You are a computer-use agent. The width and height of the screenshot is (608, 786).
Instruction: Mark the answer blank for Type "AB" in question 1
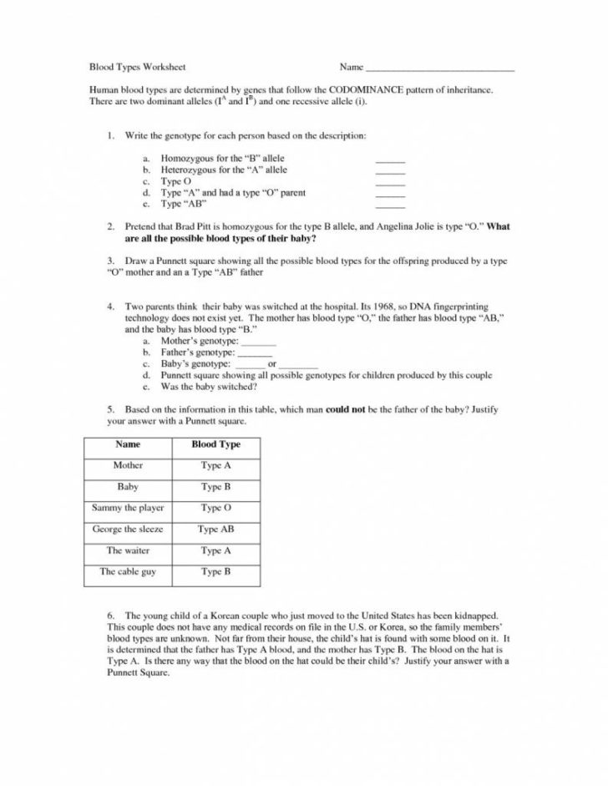[x=390, y=205]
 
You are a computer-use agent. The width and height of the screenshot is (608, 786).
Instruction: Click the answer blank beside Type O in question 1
[x=390, y=182]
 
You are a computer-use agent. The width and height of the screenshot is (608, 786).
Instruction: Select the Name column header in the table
[x=128, y=444]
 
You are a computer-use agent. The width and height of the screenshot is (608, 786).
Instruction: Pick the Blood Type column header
[x=215, y=444]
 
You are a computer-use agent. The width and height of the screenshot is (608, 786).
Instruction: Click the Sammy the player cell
[x=128, y=508]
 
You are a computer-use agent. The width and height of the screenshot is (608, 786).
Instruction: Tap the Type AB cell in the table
[x=215, y=530]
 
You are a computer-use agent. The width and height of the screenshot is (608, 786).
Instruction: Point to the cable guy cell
[x=128, y=572]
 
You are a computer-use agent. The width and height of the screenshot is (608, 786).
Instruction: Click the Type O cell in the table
[x=215, y=508]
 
